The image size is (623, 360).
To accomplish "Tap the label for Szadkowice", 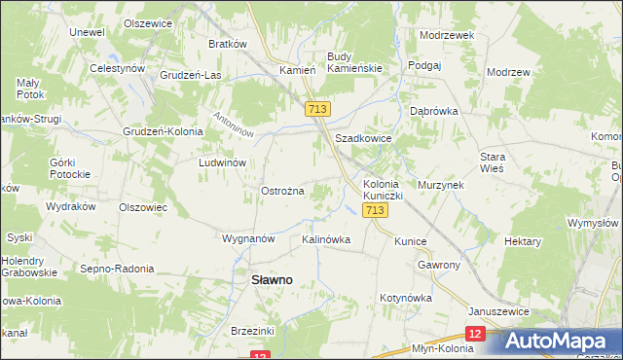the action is pos(363,139).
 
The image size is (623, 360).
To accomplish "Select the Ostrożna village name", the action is pos(283,191).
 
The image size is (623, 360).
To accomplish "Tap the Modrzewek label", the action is pos(446,34).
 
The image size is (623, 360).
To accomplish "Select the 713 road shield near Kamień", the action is pos(316,110).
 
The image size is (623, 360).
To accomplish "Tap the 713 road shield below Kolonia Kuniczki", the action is pos(375,210).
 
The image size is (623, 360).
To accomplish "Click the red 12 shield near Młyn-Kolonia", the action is pos(474,334).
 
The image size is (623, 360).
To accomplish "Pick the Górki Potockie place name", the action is pos(69,168).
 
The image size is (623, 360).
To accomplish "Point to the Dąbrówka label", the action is pos(434,111).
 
